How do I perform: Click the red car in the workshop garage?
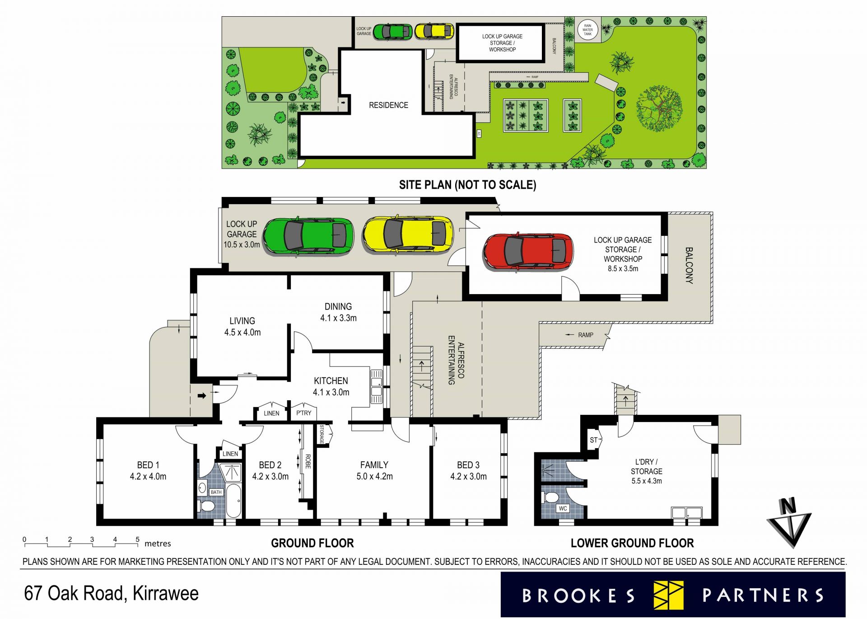[x=528, y=252]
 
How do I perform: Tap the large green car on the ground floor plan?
[x=308, y=236]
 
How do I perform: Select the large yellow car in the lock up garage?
[x=408, y=234]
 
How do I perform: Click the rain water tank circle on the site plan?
[x=587, y=30]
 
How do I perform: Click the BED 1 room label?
[x=148, y=465]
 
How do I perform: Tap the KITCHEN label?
[x=331, y=381]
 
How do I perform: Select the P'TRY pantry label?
[x=304, y=413]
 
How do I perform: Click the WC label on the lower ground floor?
[x=563, y=508]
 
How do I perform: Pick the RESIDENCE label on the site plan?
[x=388, y=105]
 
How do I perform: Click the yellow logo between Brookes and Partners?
[x=669, y=595]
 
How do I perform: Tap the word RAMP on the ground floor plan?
[x=586, y=335]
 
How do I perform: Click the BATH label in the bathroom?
[x=216, y=492]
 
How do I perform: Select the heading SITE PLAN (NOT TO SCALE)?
[x=467, y=185]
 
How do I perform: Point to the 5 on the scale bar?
[x=137, y=539]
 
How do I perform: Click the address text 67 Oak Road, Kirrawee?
[x=111, y=593]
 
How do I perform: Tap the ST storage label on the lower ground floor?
[x=593, y=440]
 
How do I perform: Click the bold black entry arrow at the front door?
[x=202, y=396]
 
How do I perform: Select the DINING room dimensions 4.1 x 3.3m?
[x=338, y=318]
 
